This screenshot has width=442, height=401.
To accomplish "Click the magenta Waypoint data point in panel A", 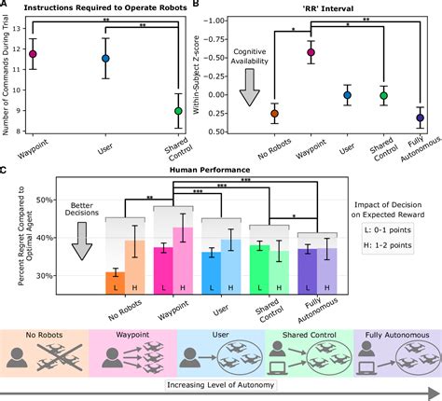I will click(34, 54).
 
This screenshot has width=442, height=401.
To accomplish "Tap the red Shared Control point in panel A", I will click(178, 111).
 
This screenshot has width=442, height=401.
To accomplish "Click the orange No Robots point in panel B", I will click(248, 114).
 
